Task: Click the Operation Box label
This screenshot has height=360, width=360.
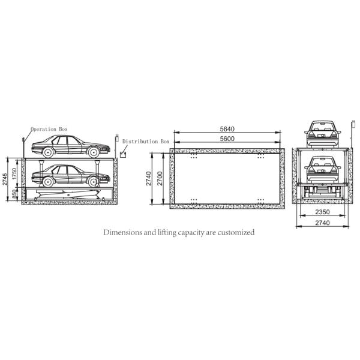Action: pos(49,129)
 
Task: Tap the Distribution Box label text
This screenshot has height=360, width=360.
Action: pos(146,142)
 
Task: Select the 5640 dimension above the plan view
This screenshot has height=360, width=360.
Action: pos(227,129)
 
